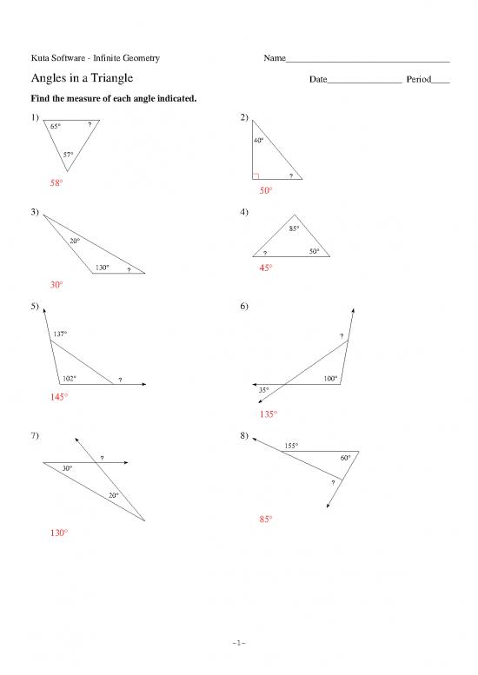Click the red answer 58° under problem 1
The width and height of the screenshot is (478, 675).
tap(56, 183)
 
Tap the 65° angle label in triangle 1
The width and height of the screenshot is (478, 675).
tap(56, 127)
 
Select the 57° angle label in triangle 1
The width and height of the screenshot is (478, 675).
tap(68, 155)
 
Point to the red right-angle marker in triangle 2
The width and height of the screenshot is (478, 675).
tap(256, 175)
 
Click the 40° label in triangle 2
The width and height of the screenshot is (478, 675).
tap(259, 141)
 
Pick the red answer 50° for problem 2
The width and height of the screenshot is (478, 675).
tap(266, 190)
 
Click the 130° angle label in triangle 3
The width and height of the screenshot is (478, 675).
tap(102, 267)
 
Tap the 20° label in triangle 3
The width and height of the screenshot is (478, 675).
tap(76, 240)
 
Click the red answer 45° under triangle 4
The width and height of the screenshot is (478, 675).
tap(266, 268)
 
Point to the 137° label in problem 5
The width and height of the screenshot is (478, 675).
tap(61, 334)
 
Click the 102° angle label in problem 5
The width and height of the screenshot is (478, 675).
tap(70, 379)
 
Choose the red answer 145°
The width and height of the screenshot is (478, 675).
tap(59, 397)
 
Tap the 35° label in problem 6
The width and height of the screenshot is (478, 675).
tap(264, 390)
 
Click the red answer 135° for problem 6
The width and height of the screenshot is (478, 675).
tap(269, 414)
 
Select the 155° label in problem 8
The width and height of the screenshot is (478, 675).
tap(291, 446)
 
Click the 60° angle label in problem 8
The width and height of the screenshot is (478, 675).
tap(346, 457)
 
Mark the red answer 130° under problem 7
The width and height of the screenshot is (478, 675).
tap(59, 533)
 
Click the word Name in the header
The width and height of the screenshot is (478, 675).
tap(275, 58)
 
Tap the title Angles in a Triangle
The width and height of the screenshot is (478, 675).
tap(81, 79)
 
